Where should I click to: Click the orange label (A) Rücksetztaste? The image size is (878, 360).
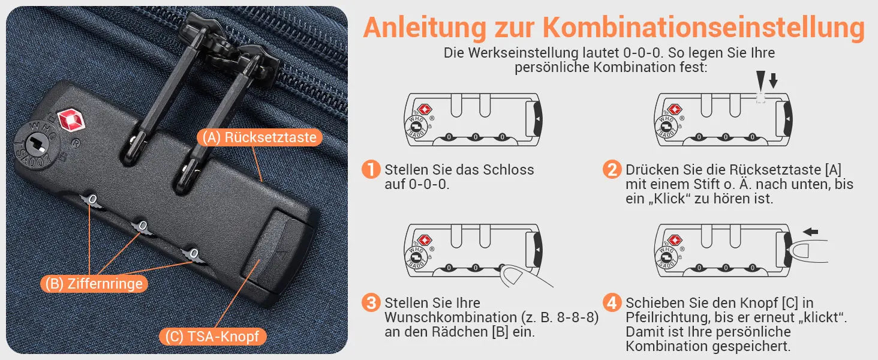click(260, 137)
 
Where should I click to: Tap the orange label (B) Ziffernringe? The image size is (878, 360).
click(94, 284)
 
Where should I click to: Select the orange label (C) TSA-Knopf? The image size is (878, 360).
click(212, 337)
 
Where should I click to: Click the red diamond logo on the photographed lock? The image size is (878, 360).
click(71, 120)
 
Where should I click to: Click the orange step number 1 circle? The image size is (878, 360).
click(371, 169)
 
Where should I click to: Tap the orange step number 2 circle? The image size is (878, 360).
click(612, 169)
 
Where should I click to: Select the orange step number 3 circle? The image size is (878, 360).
click(371, 303)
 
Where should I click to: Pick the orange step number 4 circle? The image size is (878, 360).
click(612, 303)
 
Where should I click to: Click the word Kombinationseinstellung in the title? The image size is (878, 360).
click(703, 28)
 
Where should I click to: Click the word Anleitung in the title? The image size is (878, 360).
click(425, 28)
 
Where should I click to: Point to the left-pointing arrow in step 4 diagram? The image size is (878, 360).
click(810, 232)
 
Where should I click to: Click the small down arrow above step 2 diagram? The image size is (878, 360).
click(773, 80)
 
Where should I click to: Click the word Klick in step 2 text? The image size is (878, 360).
click(672, 199)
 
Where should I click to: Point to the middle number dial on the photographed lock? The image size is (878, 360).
click(143, 227)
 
